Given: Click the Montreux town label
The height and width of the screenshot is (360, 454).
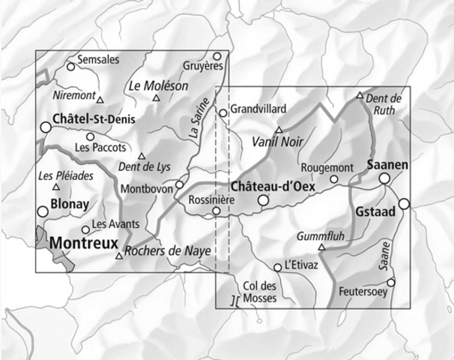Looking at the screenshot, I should click(84, 243).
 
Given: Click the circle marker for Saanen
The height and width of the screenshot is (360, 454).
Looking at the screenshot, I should click(384, 178).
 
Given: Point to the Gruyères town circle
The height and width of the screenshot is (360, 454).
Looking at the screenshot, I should click(217, 56).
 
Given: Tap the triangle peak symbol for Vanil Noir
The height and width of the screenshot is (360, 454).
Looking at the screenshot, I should click(279, 129).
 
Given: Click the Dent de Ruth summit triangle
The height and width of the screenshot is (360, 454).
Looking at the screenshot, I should click(360, 95).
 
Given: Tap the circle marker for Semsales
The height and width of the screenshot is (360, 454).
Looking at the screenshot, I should click(71, 66).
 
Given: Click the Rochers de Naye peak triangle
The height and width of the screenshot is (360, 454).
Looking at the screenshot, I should click(118, 256).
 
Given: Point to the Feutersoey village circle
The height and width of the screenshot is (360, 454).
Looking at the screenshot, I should click(390, 282).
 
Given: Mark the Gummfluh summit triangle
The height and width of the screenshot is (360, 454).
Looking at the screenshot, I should click(322, 247).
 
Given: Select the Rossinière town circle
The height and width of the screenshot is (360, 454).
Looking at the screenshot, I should click(217, 211).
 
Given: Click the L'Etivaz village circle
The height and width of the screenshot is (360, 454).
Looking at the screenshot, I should click(278, 267).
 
